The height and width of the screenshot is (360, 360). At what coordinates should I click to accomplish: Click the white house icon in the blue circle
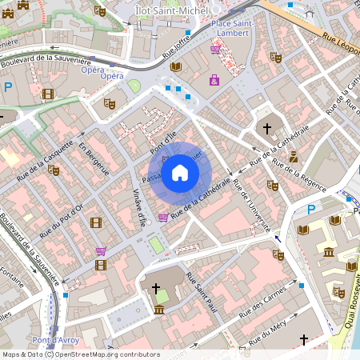tap(180, 173)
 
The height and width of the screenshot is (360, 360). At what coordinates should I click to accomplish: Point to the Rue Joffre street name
tap(175, 46)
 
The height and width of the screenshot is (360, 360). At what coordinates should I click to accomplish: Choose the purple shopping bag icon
tap(214, 80)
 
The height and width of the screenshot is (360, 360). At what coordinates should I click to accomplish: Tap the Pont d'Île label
tap(162, 145)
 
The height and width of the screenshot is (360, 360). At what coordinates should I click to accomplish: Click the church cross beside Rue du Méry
tap(303, 340)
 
